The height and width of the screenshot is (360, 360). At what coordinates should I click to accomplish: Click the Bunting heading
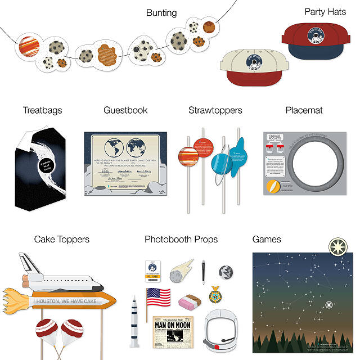point(161,12)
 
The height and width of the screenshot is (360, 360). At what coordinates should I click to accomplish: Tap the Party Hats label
point(325,11)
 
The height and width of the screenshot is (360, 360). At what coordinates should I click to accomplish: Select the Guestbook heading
point(125,110)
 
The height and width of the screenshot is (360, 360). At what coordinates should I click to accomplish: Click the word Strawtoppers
point(215,110)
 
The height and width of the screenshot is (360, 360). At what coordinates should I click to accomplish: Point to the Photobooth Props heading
point(181,240)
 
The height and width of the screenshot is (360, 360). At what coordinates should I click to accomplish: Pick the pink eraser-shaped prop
point(189,303)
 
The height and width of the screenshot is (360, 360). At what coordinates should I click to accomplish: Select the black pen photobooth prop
point(204,272)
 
